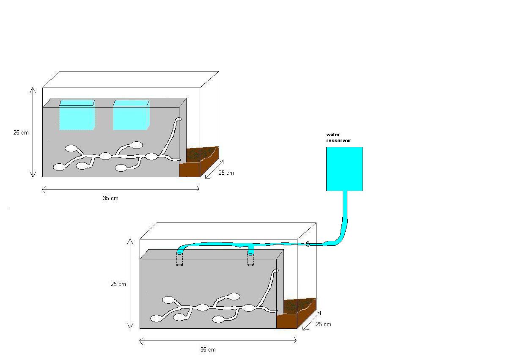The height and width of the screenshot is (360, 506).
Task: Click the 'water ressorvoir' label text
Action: pos(338,138)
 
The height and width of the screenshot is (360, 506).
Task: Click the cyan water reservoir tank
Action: pos(345,169)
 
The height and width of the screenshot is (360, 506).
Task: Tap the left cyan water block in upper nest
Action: pos(77,115)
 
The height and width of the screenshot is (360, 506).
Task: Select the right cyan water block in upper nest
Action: pos(131,115)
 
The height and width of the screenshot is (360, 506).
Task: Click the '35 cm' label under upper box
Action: pos(111,198)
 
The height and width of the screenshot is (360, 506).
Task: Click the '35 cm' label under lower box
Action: pos(208,350)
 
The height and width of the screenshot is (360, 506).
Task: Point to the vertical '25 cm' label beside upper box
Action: pos(21,132)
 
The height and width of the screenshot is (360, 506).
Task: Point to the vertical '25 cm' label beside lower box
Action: pos(118,284)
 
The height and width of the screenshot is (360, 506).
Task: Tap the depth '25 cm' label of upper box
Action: pos(226,173)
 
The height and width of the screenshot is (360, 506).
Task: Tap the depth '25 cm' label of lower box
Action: pos(323,324)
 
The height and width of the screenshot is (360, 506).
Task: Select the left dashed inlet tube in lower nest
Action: pos(179,259)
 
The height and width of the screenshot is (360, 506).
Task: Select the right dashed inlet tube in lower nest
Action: pos(251,259)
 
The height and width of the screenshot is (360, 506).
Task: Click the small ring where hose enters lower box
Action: pos(308,244)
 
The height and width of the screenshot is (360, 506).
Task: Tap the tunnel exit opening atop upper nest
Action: pos(178,119)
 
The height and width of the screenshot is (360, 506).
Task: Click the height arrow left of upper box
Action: pos(33,132)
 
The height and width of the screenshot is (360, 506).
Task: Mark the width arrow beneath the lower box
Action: pos(218,340)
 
